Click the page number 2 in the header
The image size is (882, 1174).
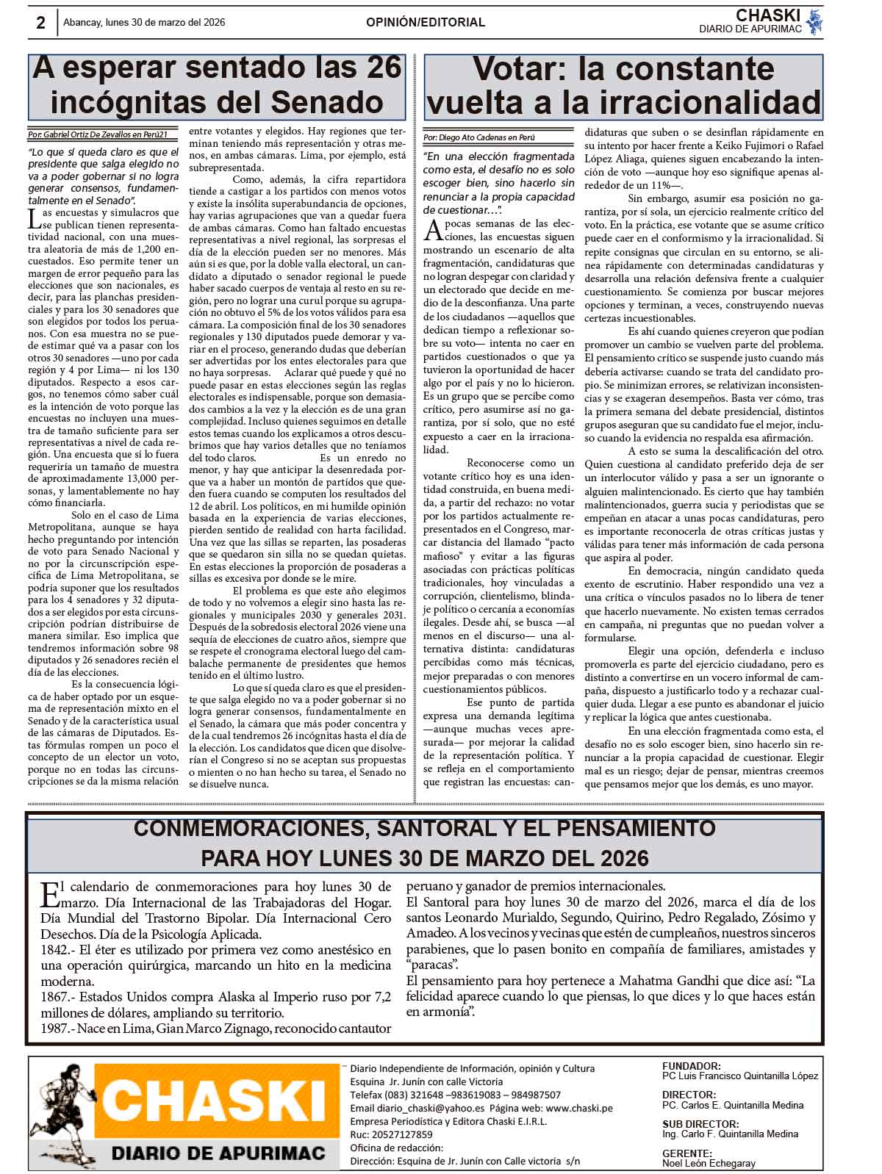(41, 22)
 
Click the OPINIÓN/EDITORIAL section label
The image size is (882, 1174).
(426, 23)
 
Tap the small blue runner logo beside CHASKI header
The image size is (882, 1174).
(813, 21)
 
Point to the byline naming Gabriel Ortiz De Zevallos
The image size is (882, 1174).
(103, 135)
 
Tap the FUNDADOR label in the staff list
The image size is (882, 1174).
(691, 1066)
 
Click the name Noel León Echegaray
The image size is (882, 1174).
(709, 1163)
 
